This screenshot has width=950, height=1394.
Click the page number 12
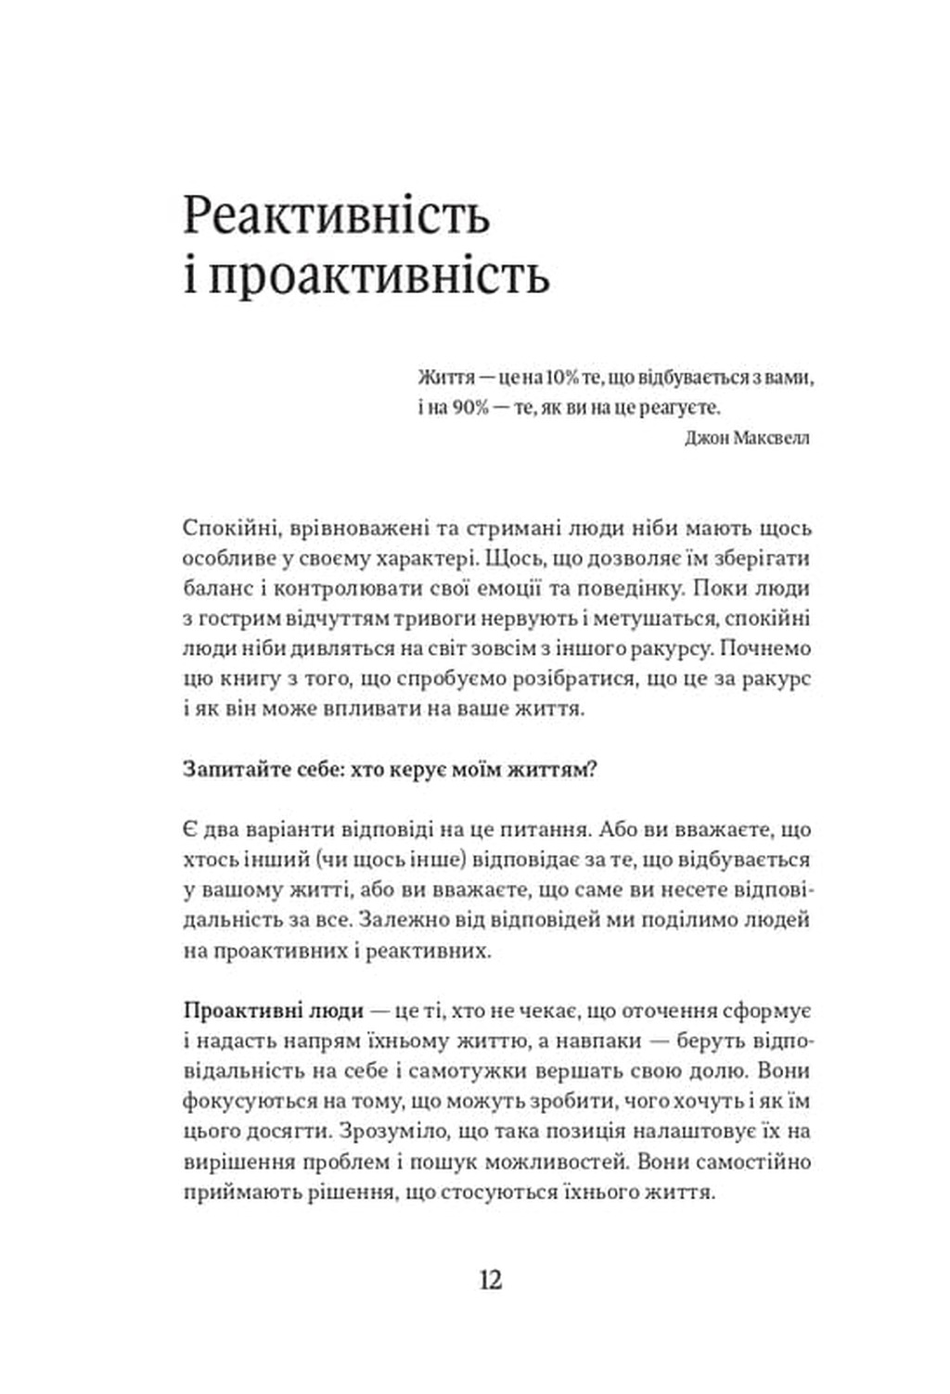[491, 1280]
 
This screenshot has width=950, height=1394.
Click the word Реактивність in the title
[336, 216]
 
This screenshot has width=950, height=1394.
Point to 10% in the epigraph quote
[563, 378]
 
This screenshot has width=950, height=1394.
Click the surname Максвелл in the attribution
[771, 438]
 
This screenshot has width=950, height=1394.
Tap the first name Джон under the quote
[707, 438]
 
